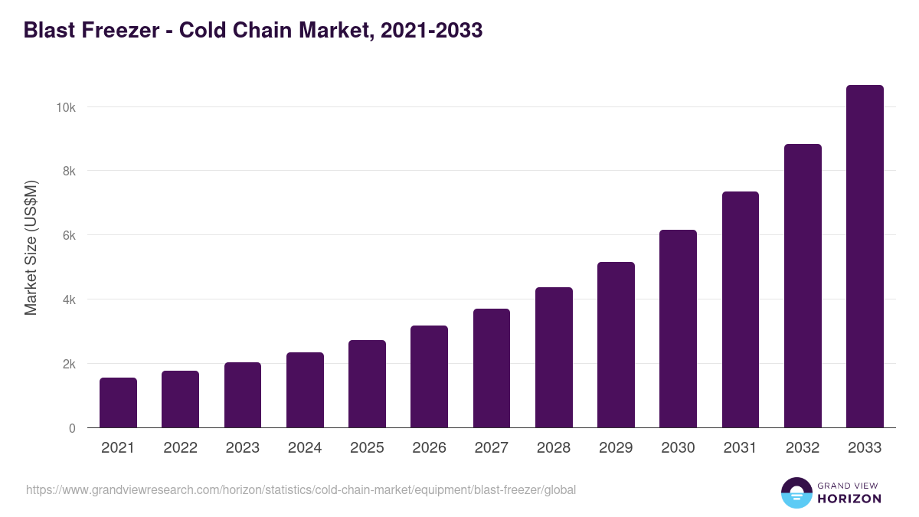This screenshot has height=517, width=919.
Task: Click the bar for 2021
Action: pos(118,403)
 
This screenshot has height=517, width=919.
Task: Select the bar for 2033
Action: pos(865,257)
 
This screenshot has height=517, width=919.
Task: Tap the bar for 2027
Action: pos(491,368)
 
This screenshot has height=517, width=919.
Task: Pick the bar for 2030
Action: pos(678,329)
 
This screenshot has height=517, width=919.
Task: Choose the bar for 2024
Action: pos(305,390)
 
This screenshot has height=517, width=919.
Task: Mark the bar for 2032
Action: pos(803,286)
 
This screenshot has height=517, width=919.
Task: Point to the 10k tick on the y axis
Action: pos(65,107)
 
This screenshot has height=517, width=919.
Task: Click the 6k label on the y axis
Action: pos(68,235)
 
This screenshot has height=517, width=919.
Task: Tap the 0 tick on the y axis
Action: pos(72,428)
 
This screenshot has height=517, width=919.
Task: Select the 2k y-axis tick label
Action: pos(68,364)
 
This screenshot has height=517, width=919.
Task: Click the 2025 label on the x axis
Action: pos(367,448)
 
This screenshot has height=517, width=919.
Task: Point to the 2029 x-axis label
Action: pos(616,448)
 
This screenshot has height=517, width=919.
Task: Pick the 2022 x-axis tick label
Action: pos(180,448)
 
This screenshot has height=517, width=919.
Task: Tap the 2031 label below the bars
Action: pos(740,448)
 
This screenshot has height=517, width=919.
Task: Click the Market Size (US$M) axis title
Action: pos(31,247)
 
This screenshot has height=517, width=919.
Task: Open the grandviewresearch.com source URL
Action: pos(301,489)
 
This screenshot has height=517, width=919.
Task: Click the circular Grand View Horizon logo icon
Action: pos(796,493)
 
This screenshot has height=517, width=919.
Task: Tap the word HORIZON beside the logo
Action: pos(849,499)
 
